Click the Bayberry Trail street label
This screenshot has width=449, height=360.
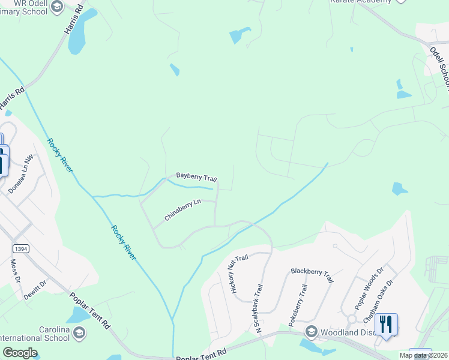pos(196,177)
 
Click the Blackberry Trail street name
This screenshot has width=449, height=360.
pos(312,275)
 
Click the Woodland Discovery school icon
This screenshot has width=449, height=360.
pos(311,331)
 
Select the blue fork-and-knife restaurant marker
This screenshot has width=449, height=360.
pos(385,325)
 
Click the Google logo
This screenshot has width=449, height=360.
pos(20,353)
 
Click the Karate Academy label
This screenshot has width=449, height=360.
pos(360,2)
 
